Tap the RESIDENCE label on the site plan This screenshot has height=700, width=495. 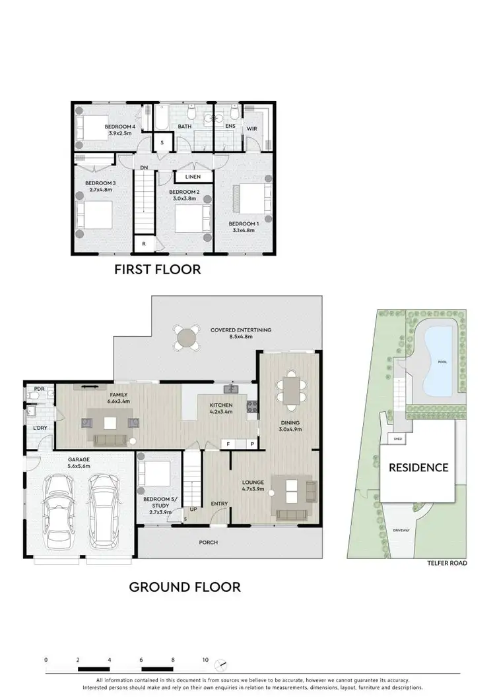point(418,468)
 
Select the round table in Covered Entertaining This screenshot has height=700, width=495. point(187,338)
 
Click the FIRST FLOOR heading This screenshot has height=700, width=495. point(157,269)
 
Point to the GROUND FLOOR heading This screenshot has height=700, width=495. point(184,586)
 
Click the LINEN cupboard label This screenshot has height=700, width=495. point(193,177)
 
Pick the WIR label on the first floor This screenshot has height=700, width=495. point(251,129)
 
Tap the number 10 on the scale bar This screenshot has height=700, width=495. point(205,659)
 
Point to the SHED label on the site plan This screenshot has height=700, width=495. point(397,438)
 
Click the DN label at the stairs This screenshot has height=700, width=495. point(144,167)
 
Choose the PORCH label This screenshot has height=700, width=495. point(209,542)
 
